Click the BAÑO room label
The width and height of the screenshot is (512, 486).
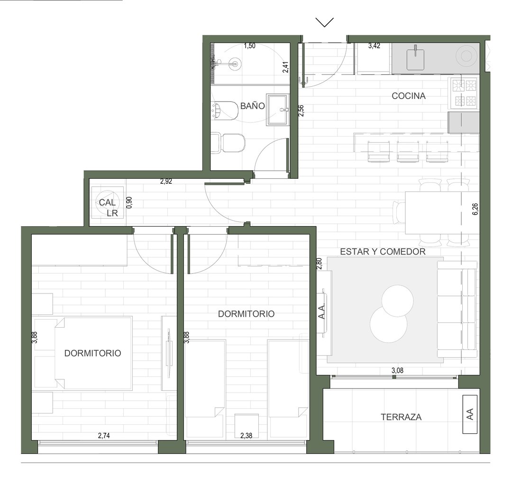click(252, 106)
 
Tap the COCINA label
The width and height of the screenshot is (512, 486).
click(409, 96)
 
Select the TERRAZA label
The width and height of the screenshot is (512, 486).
click(401, 417)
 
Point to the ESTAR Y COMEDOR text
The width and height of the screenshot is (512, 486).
click(383, 251)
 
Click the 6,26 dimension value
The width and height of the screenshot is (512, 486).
click(475, 209)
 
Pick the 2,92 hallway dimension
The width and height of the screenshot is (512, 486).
click(166, 181)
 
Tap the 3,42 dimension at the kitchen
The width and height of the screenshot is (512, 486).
click(374, 46)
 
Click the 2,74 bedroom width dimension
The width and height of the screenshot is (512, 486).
click(104, 435)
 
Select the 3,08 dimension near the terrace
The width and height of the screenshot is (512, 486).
click(397, 370)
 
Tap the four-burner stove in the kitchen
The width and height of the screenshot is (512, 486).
click(464, 93)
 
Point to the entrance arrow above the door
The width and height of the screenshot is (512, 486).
click(325, 22)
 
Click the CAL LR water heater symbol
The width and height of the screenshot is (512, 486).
click(108, 202)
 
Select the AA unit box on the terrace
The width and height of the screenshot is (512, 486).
click(470, 414)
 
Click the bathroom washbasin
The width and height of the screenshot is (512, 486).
click(277, 110)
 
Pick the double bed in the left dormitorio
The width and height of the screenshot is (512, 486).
click(93, 353)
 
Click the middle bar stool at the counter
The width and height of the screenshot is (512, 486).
click(408, 151)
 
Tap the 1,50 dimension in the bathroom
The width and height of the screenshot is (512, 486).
click(249, 46)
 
